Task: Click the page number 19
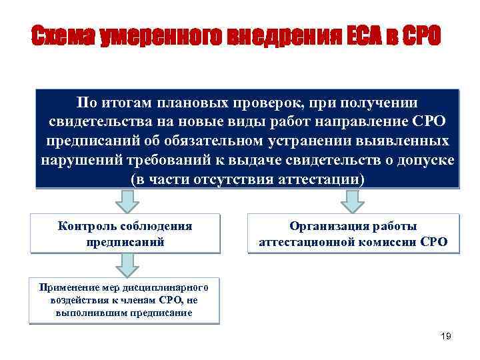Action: pyautogui.click(x=446, y=337)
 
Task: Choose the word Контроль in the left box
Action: pyautogui.click(x=87, y=225)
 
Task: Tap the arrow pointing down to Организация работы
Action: pyautogui.click(x=353, y=198)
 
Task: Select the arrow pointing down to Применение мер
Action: pyautogui.click(x=125, y=265)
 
